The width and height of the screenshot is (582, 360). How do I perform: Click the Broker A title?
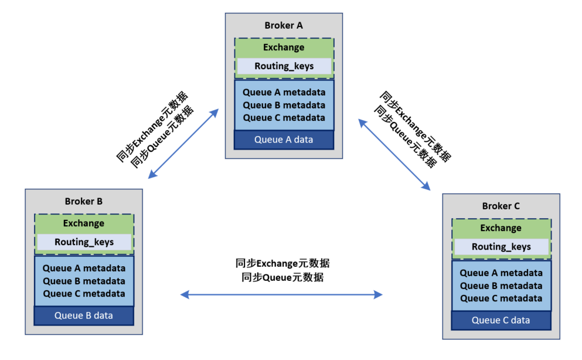[284, 26]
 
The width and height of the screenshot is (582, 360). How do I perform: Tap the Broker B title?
[83, 202]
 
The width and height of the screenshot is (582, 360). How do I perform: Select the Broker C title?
[501, 206]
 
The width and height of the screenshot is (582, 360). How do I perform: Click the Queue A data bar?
[284, 140]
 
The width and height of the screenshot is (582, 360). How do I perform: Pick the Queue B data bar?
[83, 315]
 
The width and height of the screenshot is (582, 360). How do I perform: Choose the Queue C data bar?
[501, 320]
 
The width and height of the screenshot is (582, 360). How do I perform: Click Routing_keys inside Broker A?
[284, 66]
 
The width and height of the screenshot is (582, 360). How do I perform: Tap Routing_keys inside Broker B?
[84, 242]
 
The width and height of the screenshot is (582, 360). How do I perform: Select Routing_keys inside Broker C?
[501, 247]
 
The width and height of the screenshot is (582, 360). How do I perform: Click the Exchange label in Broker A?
[284, 47]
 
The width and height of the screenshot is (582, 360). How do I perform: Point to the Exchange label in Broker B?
[83, 223]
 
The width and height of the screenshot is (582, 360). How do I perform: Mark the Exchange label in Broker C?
[501, 228]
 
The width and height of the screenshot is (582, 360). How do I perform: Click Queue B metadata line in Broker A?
[284, 105]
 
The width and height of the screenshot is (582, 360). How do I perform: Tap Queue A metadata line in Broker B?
[84, 269]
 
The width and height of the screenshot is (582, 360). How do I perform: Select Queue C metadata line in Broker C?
[501, 298]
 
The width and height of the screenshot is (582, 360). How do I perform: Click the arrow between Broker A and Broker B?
[183, 144]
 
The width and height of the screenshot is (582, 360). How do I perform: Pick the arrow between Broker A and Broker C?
[394, 154]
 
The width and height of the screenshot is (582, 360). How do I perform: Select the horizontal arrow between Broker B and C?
[281, 295]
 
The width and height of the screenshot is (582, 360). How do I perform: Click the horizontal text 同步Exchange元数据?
[283, 263]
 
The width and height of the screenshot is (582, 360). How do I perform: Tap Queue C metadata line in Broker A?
[284, 118]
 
